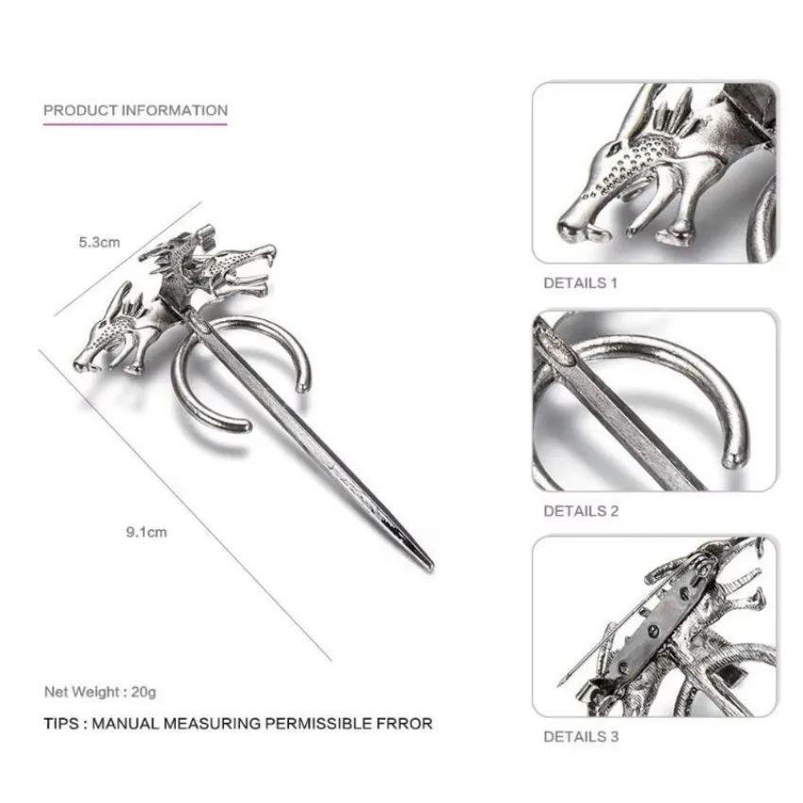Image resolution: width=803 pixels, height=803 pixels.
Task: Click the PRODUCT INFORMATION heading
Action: click(135, 110)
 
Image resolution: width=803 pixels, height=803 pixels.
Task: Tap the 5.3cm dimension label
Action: click(99, 242)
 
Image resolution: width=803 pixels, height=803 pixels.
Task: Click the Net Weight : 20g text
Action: click(99, 692)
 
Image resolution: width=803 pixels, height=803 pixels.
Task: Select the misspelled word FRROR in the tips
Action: click(403, 724)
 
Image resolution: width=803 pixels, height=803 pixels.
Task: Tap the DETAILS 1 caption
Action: click(580, 282)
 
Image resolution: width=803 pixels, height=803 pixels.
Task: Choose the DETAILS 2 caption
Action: click(580, 511)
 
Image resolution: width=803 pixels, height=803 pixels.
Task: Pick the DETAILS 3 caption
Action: click(580, 737)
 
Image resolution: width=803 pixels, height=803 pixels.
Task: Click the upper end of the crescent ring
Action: click(303, 385)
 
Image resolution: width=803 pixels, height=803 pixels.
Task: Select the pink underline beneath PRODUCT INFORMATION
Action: click(135, 122)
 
